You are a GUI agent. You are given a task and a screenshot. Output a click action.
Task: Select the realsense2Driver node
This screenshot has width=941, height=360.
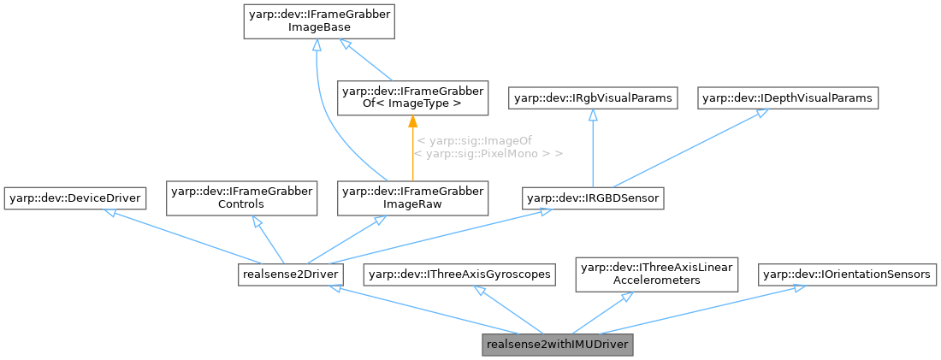pos(290,274)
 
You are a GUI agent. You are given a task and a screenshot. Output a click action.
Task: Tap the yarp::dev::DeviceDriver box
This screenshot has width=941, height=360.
pos(74,199)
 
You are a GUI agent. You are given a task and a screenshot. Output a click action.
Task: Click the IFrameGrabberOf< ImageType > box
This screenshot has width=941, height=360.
pos(412,97)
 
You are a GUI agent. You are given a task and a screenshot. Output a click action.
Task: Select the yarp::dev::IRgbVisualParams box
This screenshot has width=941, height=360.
pos(593,98)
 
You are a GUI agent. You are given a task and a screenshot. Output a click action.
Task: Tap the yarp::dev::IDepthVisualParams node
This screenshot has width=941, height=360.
pos(788,98)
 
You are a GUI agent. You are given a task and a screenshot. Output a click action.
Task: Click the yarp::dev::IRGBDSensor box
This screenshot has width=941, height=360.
pos(593,199)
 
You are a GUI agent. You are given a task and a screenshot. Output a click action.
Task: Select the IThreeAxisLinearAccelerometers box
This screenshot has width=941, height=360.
pos(656,274)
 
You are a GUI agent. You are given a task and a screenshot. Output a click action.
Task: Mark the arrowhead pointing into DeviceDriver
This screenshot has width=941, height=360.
pos(109,212)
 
